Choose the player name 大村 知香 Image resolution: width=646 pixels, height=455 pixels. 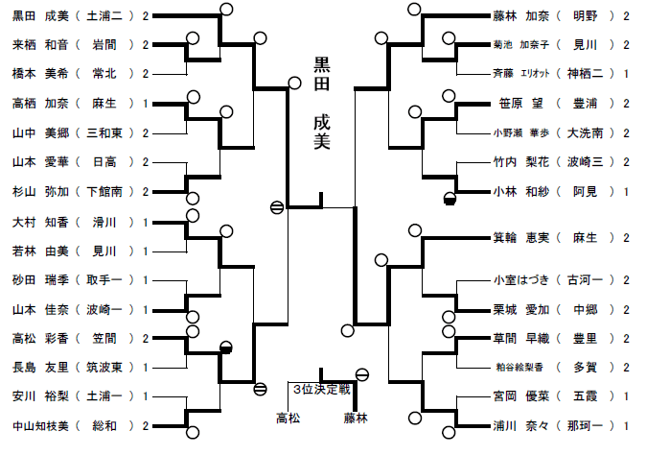pyautogui.click(x=35, y=222)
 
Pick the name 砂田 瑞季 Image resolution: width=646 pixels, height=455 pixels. pyautogui.click(x=35, y=279)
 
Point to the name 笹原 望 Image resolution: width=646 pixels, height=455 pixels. pyautogui.click(x=522, y=104)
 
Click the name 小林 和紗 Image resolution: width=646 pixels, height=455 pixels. pyautogui.click(x=518, y=191)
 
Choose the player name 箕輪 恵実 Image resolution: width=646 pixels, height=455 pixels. pyautogui.click(x=518, y=237)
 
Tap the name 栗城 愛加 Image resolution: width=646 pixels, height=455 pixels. pyautogui.click(x=518, y=309)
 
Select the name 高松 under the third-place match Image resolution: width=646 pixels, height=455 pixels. pyautogui.click(x=288, y=419)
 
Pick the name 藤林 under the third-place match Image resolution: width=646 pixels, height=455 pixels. pyautogui.click(x=356, y=419)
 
